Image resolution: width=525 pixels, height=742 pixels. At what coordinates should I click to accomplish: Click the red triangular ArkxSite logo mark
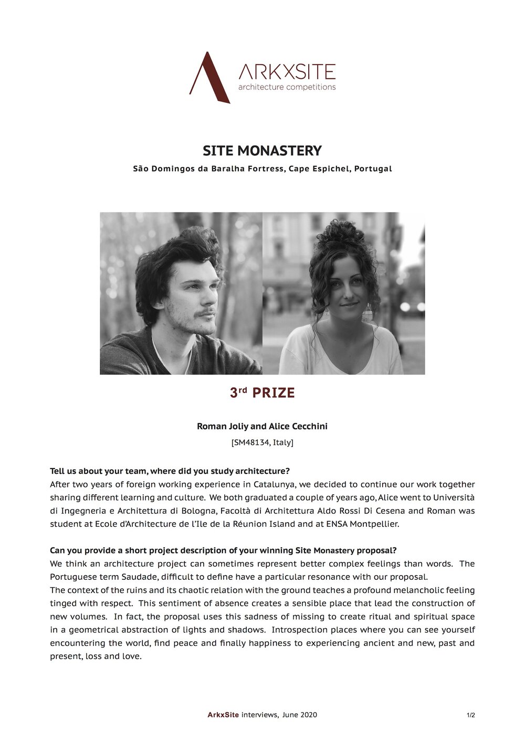209,78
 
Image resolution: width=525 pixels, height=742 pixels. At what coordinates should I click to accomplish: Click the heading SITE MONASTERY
262,151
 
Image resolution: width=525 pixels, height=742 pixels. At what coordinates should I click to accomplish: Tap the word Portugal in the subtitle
373,169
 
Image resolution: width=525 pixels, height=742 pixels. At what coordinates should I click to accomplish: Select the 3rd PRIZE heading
262,393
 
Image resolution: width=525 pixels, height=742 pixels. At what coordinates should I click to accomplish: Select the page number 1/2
470,715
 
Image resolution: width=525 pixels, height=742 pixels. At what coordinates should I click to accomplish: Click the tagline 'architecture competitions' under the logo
287,87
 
